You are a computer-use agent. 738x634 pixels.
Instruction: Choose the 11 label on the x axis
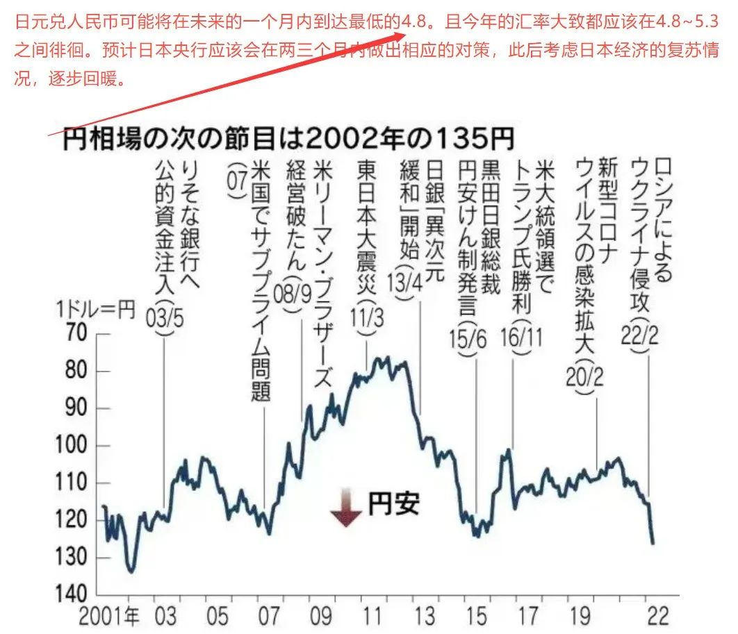coord(373,615)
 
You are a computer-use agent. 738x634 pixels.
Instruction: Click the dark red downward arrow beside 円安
coord(345,507)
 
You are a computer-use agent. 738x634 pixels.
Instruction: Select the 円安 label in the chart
coord(393,503)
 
